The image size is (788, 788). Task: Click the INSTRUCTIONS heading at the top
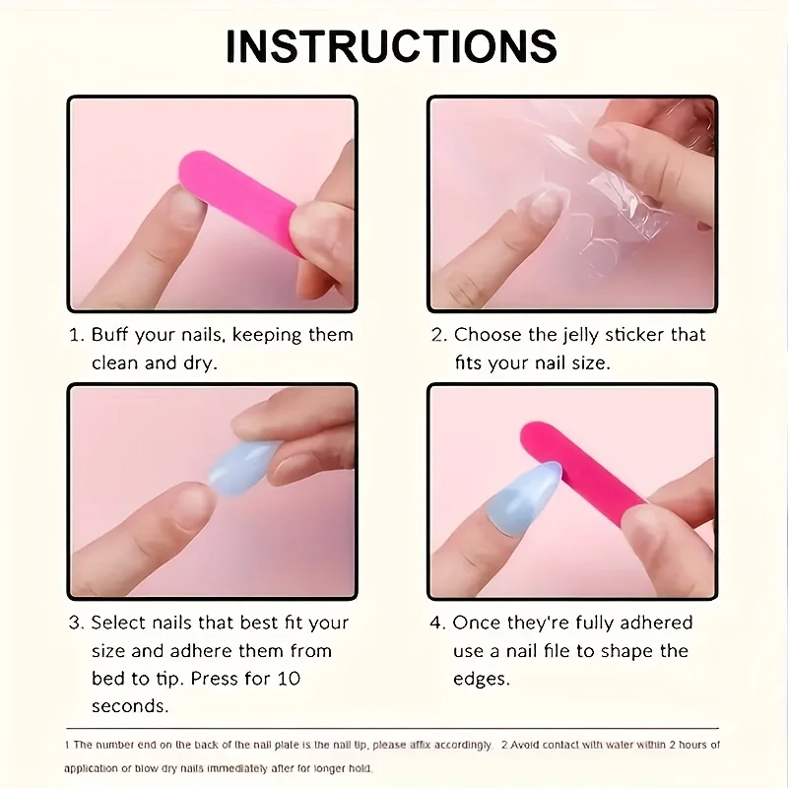pos(392,44)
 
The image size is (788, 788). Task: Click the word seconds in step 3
pos(130,706)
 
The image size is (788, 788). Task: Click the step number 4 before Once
pos(437,623)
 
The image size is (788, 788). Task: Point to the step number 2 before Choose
pos(437,335)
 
